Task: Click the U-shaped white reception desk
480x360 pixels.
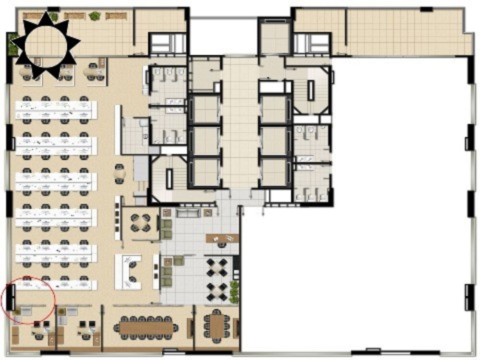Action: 127,271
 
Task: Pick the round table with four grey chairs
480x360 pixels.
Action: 141,222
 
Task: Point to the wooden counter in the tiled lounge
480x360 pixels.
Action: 222,238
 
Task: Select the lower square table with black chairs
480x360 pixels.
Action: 217,290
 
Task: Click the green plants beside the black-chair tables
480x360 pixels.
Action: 234,291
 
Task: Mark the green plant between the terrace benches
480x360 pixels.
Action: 95,16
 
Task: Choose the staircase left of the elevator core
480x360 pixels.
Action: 169,178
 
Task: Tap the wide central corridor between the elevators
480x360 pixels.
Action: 240,120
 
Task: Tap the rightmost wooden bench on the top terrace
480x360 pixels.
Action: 116,16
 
